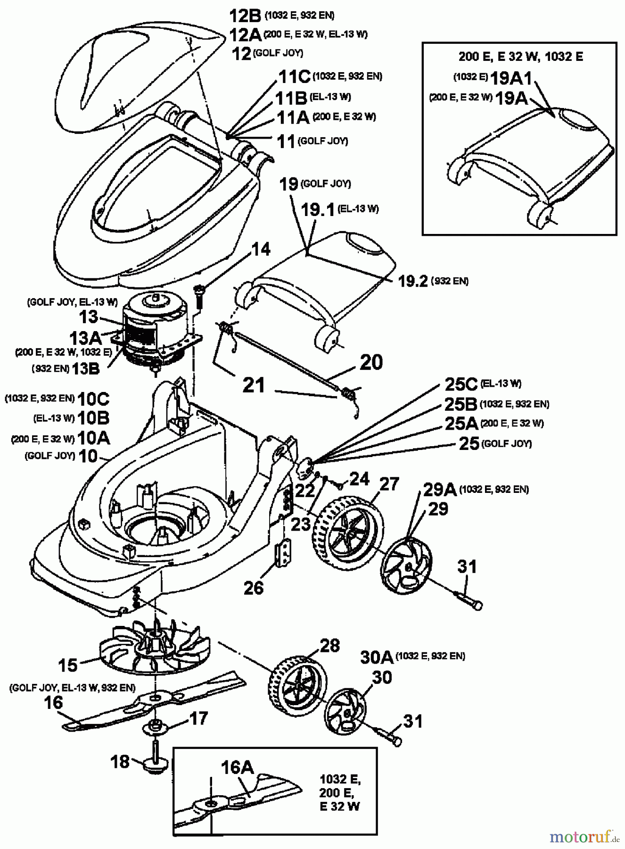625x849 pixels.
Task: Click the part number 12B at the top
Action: coord(245,16)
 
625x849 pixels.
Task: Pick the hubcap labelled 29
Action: coord(406,566)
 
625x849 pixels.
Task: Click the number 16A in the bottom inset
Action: coord(238,768)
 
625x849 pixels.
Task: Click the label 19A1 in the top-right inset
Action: coord(511,78)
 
